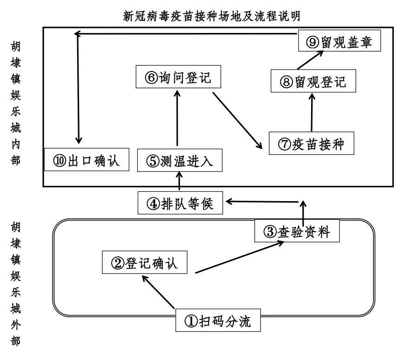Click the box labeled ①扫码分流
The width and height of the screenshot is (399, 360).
(218, 321)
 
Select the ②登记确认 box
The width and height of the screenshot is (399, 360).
(144, 263)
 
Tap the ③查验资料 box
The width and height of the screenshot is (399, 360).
(295, 231)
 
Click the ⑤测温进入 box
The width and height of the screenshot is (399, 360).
(179, 161)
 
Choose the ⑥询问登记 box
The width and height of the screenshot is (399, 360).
(178, 78)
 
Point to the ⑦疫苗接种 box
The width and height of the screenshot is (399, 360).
(312, 144)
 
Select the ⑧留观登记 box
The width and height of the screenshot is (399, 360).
(313, 82)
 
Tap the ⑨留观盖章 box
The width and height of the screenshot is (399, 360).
(339, 41)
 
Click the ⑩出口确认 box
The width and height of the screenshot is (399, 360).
(86, 161)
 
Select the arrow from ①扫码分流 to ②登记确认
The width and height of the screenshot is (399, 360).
(159, 292)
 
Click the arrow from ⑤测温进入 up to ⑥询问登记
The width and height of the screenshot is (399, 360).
(178, 119)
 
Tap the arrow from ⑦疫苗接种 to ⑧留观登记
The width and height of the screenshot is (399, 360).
(312, 112)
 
